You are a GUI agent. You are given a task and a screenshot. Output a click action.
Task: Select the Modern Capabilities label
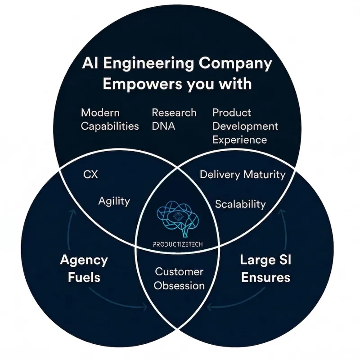coord(110,119)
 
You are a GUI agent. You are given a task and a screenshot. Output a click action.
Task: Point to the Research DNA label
coord(174,119)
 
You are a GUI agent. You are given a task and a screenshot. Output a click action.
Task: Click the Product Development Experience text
coord(245,126)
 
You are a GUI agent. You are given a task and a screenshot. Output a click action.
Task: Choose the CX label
coord(91,174)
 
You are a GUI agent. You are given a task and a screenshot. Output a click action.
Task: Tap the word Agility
coord(114,201)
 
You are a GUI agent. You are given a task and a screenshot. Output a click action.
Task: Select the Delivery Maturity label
coord(243,174)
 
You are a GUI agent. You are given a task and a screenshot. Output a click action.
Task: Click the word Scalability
coord(240,204)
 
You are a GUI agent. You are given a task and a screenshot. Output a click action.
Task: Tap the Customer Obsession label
coord(179,279)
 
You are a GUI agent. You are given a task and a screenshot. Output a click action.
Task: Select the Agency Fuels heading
coord(84,268)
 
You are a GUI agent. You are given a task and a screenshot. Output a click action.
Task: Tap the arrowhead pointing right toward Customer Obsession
coord(145,308)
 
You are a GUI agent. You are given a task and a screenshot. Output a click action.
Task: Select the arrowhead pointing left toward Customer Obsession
coord(211,308)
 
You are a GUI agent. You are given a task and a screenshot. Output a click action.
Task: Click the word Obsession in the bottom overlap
coord(179,285)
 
